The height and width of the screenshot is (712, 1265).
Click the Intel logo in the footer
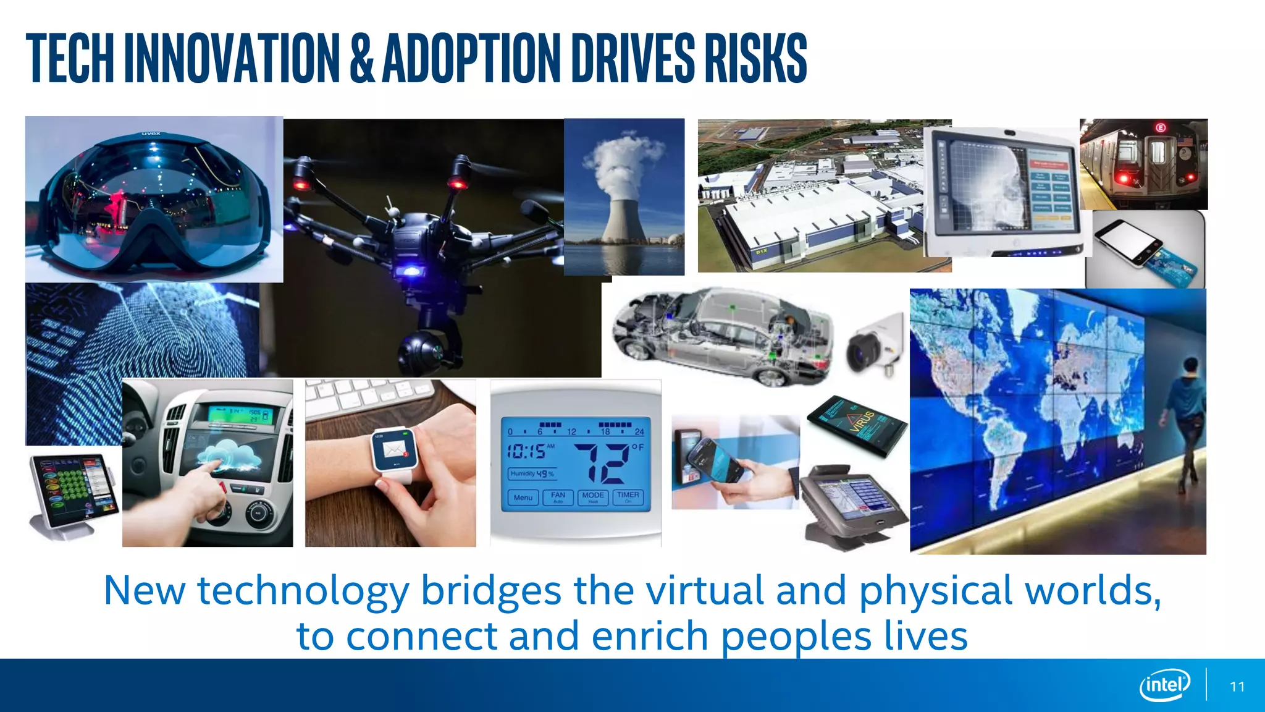[1165, 685]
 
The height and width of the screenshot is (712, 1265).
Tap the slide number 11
[1237, 687]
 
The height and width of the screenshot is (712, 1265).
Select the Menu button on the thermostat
[523, 498]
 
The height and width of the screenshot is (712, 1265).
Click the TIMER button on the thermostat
[628, 497]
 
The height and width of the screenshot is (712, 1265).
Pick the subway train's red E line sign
[1161, 128]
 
